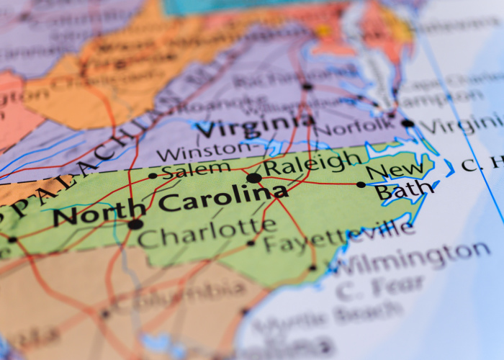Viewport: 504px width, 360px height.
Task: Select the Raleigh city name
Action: coord(312,163)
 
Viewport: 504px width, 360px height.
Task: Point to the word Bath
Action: coord(404,192)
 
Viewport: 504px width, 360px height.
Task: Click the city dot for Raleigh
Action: coord(253,177)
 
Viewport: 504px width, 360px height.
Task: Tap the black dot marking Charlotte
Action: coord(135,224)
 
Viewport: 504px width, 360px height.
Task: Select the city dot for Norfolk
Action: coord(408,123)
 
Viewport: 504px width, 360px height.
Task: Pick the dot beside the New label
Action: coord(361,184)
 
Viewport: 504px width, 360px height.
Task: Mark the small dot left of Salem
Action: coord(153,175)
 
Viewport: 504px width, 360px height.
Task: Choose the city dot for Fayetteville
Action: coord(251,243)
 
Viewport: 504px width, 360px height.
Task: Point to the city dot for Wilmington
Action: coord(312,268)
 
